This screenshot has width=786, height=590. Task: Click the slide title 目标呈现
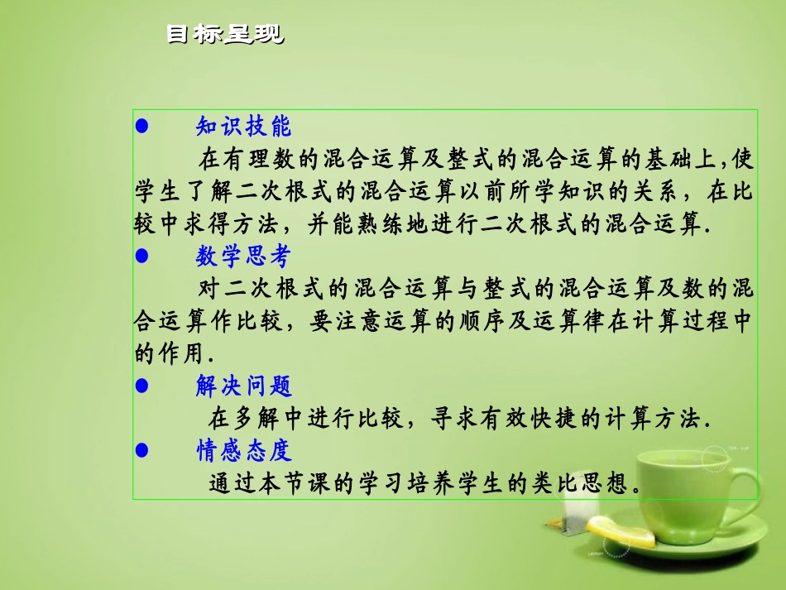pos(224,35)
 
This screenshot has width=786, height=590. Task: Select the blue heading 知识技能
pos(243,127)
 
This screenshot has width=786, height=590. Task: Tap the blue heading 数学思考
pos(243,257)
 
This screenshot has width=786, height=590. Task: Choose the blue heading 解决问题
pos(243,386)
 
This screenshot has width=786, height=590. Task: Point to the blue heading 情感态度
pos(243,451)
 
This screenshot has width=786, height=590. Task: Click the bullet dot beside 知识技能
pos(141,127)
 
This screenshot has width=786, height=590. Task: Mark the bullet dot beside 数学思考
pos(141,257)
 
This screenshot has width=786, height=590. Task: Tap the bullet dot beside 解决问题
pos(141,386)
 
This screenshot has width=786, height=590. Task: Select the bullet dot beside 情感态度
pos(141,451)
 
